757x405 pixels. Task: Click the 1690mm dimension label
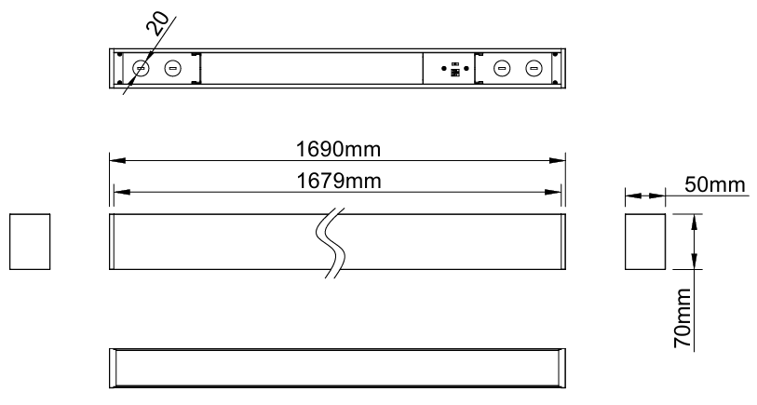click(338, 149)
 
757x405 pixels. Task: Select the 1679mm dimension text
click(338, 181)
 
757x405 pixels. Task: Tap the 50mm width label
click(714, 185)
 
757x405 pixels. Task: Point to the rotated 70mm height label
click(683, 318)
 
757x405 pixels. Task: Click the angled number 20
click(157, 24)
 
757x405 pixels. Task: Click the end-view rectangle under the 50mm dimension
click(645, 241)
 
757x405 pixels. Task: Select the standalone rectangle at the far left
click(30, 241)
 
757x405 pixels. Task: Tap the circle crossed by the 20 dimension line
click(141, 68)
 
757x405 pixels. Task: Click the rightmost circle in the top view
click(533, 68)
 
